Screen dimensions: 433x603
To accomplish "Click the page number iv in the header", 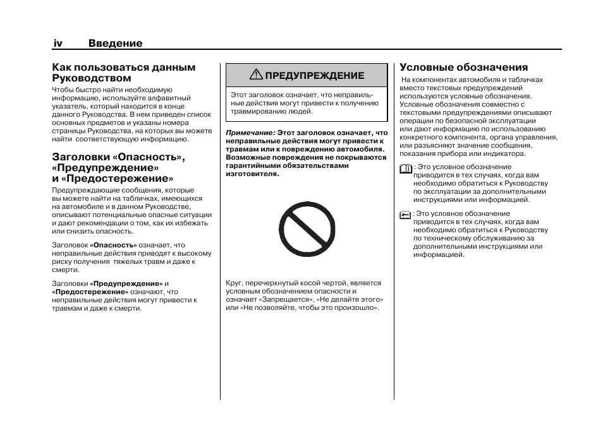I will coord(57,44).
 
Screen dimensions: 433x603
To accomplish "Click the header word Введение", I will coord(115,44).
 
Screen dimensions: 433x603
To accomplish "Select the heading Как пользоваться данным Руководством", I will coord(123,73).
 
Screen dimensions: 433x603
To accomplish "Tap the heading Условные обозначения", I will coord(463,68).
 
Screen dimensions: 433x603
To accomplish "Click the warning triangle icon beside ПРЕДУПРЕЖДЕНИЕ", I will coord(255,75).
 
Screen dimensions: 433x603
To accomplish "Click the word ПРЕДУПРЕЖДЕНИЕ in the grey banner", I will coord(314,76).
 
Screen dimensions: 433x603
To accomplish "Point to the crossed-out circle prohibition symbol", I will coord(307,230).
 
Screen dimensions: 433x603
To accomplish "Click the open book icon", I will coord(405,168).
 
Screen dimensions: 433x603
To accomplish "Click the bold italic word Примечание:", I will coord(250,133).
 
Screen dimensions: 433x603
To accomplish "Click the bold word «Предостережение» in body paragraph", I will coord(90,292).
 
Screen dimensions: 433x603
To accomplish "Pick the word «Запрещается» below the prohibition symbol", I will coord(291,300).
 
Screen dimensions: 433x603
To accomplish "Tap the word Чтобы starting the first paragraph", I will coord(62,90).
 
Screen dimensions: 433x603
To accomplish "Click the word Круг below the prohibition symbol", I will coord(234,283).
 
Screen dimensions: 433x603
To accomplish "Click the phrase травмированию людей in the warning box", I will coord(271,111).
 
